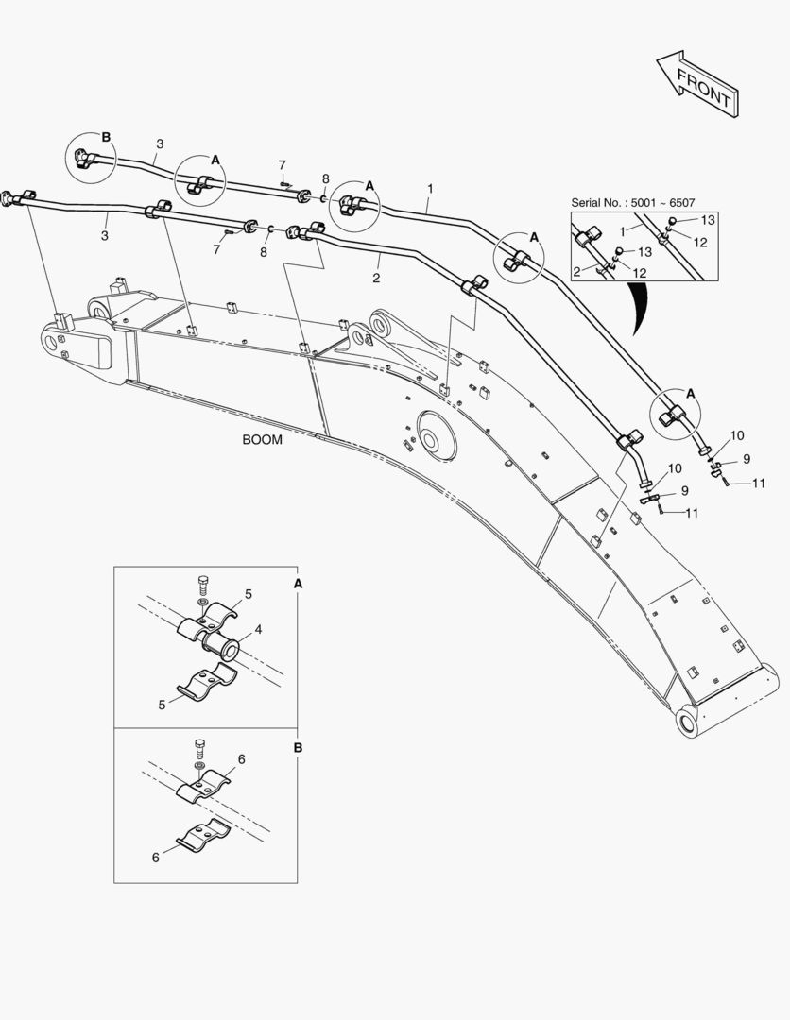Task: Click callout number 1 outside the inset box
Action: click(430, 189)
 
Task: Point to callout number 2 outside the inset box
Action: click(376, 278)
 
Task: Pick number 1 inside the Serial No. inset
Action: click(623, 230)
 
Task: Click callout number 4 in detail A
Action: click(258, 629)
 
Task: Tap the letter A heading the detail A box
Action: click(298, 585)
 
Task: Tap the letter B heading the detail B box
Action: click(298, 747)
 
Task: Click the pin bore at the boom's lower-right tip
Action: click(687, 722)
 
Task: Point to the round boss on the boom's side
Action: click(433, 439)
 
